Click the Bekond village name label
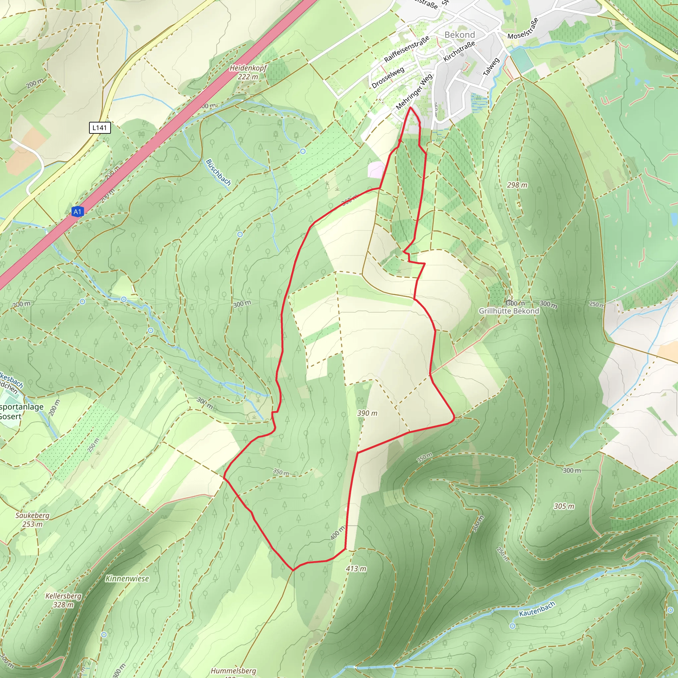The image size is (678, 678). coord(460,35)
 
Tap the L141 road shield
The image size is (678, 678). coord(100,128)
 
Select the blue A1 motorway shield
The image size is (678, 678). coord(77,212)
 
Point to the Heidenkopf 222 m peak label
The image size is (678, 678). coord(248,72)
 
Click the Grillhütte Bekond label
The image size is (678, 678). coord(509,311)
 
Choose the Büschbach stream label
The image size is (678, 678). coord(218,172)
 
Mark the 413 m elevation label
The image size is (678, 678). coord(356,568)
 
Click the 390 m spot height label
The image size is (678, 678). coord(367,413)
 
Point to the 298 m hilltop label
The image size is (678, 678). coord(517,185)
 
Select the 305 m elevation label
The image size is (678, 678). coord(564,506)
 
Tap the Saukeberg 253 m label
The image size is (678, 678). coord(32,519)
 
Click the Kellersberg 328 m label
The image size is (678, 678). coord(64,600)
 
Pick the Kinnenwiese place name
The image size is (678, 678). coord(127,579)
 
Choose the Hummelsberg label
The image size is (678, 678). coord(233,671)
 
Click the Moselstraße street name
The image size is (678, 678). coord(523,28)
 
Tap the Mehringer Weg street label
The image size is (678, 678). coord(414,92)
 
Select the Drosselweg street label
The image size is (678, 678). coord(388,77)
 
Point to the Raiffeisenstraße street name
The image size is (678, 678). coord(407,49)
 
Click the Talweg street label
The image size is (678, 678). coord(491,67)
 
